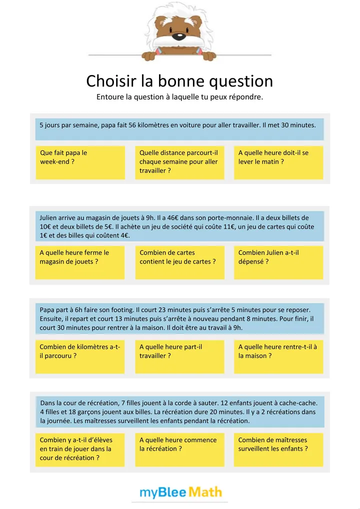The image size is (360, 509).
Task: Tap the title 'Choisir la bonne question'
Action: (179, 81)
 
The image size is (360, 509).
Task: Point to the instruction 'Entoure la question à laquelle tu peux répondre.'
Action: (179, 97)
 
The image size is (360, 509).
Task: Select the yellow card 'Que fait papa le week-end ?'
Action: (80, 162)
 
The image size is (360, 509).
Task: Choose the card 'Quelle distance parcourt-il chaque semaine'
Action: (179, 162)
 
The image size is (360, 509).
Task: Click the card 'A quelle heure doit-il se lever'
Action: (278, 162)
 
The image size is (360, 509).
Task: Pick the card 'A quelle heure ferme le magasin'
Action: (80, 262)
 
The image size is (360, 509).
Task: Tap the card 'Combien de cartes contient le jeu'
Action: (179, 262)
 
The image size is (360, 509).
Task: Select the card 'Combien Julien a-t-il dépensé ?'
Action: (278, 262)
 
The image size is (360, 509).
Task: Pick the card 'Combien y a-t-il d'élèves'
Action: (80, 449)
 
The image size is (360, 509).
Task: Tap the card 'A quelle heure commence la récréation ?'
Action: (179, 449)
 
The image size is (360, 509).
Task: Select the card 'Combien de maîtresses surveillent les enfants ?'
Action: (278, 449)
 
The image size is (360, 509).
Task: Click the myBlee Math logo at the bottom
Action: (180, 492)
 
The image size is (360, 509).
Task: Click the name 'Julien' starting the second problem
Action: (49, 217)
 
